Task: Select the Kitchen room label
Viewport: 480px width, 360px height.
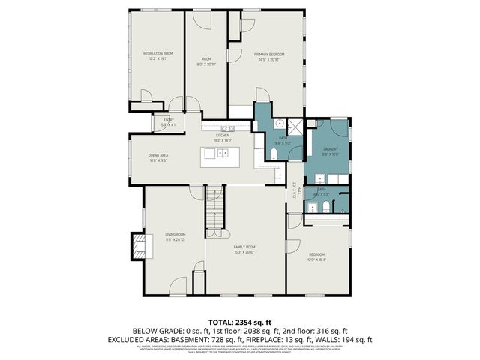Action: coord(223,136)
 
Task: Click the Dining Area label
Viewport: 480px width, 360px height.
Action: coord(157,157)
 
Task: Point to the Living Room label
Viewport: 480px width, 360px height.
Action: coord(175,236)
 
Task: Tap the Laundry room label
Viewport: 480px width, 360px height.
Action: coord(331,150)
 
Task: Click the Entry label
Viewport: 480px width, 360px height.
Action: coord(168,121)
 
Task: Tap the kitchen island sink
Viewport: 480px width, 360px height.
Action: coord(223,153)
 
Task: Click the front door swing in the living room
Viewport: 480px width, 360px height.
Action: coord(178,285)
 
